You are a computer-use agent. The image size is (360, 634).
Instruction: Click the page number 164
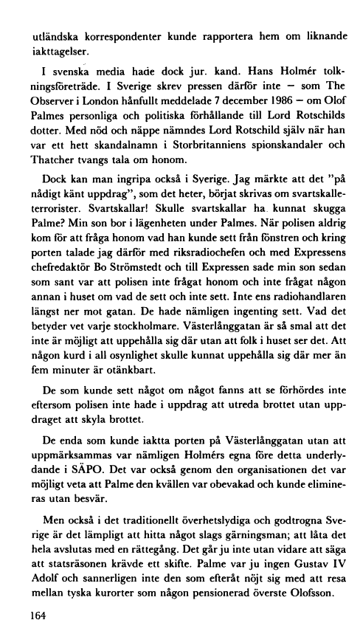pos(33,613)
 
